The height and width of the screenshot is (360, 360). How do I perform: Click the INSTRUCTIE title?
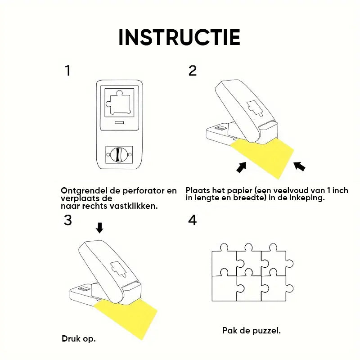click(x=179, y=37)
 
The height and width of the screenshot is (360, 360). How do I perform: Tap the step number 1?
click(x=67, y=71)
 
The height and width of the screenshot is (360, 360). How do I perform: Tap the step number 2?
click(x=193, y=71)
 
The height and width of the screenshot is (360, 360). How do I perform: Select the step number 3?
click(x=68, y=220)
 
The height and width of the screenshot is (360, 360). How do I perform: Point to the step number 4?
click(x=193, y=220)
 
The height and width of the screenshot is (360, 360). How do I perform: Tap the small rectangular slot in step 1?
click(x=119, y=122)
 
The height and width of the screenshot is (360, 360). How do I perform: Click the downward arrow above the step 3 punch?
click(x=99, y=228)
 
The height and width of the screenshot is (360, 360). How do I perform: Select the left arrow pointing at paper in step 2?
click(x=242, y=167)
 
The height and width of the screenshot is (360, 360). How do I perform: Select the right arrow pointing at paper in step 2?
click(x=299, y=166)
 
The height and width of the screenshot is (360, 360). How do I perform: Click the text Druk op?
click(x=79, y=339)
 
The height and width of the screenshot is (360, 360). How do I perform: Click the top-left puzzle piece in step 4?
click(x=224, y=262)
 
